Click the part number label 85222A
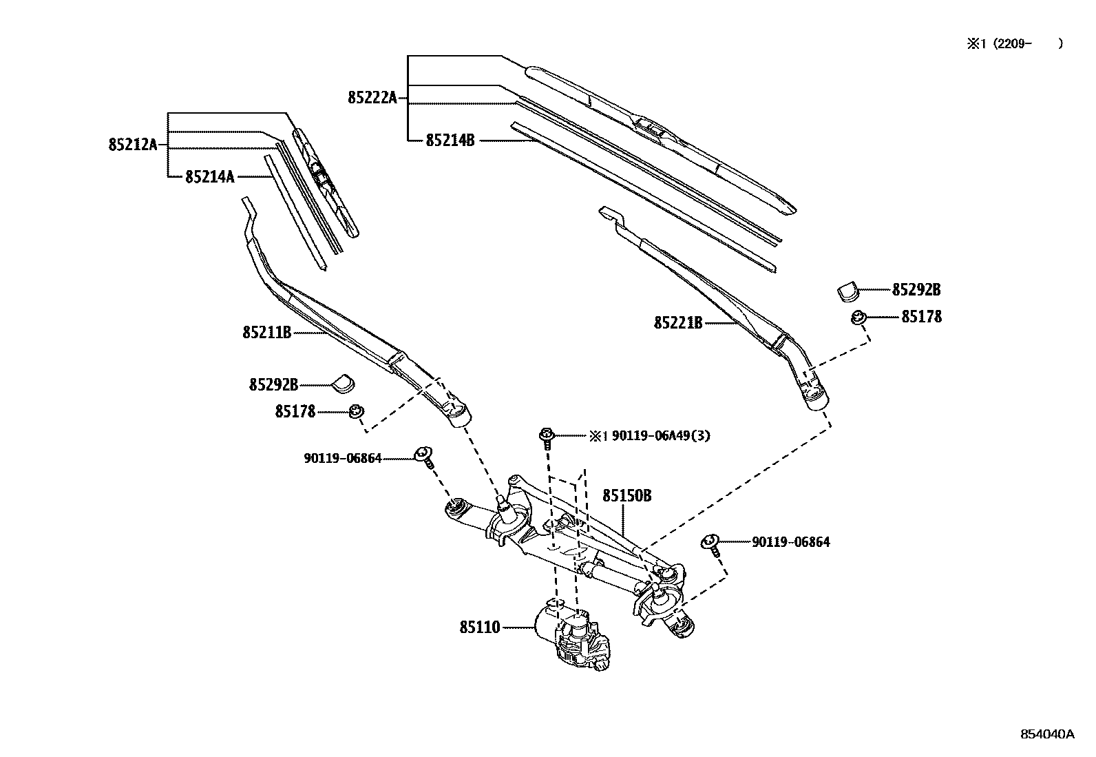pos(372,98)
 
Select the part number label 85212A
pos(132,145)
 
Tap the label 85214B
pos(450,141)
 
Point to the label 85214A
pos(209,177)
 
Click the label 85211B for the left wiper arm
pos(266,333)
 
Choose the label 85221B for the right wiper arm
pos(677,322)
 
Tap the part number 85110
pos(479,628)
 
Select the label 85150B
pos(626,496)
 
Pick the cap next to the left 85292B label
pos(343,382)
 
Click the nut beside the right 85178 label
pos(858,318)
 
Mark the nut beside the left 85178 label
pos(356,412)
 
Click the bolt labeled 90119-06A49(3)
pos(546,437)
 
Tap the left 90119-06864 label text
pos(342,458)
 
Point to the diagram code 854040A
pos(1046,734)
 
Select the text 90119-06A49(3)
pos(660,436)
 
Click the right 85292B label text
pos(916,290)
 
